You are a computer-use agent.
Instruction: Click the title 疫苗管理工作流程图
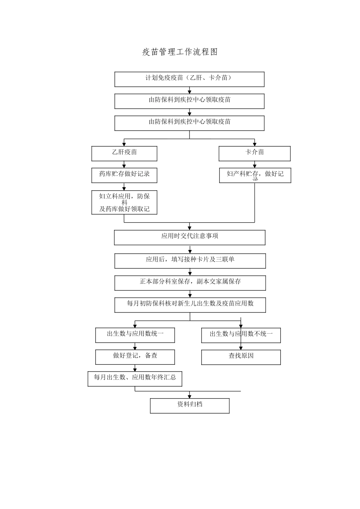180,52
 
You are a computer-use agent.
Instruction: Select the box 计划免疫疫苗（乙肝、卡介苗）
189,79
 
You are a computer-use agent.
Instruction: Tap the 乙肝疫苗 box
124,153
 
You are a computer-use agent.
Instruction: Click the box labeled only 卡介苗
254,153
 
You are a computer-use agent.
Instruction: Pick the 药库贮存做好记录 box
124,175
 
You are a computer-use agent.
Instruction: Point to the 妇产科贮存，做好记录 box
255,175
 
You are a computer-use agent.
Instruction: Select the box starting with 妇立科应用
124,202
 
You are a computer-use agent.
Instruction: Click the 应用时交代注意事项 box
189,237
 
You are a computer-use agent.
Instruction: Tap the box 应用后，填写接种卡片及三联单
190,261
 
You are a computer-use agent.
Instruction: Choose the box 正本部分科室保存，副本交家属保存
190,283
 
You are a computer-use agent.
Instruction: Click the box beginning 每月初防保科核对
190,304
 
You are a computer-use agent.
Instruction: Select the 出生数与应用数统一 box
135,335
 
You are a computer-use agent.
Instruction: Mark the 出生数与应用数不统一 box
241,335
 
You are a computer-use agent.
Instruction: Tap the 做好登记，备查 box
135,357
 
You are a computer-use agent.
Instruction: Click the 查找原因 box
241,357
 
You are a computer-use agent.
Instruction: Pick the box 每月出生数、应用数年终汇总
135,378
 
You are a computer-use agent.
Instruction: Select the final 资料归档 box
189,406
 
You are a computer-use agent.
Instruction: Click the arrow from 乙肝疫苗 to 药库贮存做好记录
124,165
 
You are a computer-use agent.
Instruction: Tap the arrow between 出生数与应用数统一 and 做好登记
135,347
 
